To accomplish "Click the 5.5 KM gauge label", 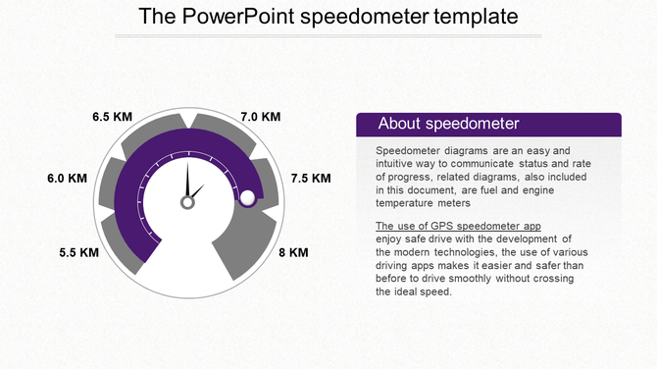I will [x=79, y=252].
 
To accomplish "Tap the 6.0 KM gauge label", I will [x=68, y=179].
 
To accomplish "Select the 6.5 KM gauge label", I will [x=112, y=117].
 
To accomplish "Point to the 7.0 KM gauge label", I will [x=261, y=117].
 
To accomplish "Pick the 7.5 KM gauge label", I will [x=311, y=179].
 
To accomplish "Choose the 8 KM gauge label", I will [x=293, y=252].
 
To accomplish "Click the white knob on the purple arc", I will [x=248, y=198].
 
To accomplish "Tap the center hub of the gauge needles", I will [x=186, y=202].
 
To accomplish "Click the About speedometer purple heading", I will [x=448, y=124].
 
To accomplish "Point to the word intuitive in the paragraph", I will [x=396, y=163].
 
